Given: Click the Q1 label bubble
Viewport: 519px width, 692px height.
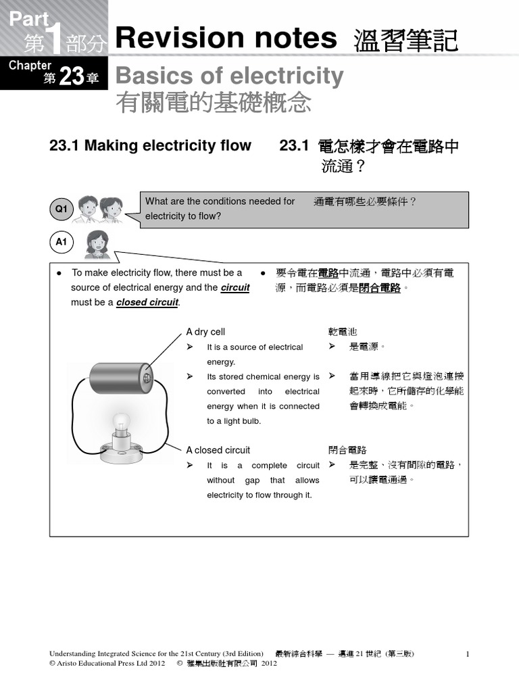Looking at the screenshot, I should (x=61, y=209).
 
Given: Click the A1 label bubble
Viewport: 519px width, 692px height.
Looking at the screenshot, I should (x=61, y=243).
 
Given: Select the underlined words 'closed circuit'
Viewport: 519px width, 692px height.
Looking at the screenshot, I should (x=147, y=303).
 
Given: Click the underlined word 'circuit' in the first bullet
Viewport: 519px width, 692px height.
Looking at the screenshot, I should (x=235, y=288).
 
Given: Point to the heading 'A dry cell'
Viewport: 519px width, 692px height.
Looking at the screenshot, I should (x=205, y=332).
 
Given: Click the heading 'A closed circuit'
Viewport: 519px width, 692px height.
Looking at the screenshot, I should (x=218, y=450).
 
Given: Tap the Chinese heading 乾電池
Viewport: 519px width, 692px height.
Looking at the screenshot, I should (x=343, y=332).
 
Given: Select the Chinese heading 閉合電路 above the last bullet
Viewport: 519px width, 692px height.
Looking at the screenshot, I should (x=347, y=450).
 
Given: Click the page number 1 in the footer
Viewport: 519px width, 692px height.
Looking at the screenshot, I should (x=467, y=654).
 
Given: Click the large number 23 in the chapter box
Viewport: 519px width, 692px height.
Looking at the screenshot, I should (x=70, y=78).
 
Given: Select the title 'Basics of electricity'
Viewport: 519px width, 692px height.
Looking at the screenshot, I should (x=229, y=76).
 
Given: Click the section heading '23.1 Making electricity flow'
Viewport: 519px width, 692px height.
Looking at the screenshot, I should (x=150, y=145).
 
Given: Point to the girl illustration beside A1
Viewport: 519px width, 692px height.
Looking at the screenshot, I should (x=97, y=245).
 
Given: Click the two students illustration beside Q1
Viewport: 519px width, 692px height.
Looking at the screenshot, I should (x=100, y=209).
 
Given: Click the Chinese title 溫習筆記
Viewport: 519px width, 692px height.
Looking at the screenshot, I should (x=405, y=41).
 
